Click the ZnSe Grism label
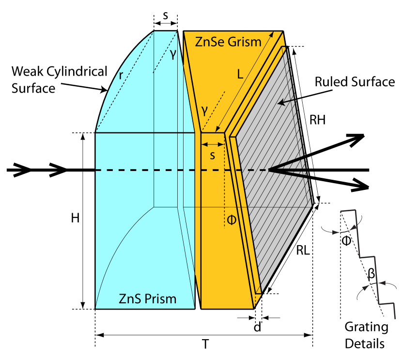tap(228, 42)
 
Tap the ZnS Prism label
tap(147, 299)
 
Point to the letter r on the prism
tap(121, 75)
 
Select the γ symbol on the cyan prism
tap(173, 55)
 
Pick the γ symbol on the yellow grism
tap(205, 110)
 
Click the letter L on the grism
tap(240, 75)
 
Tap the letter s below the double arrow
tap(212, 156)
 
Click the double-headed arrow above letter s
tap(213, 144)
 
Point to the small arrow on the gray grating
tap(286, 101)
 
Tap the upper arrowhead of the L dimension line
tap(271, 34)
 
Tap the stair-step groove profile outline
tap(368, 257)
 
